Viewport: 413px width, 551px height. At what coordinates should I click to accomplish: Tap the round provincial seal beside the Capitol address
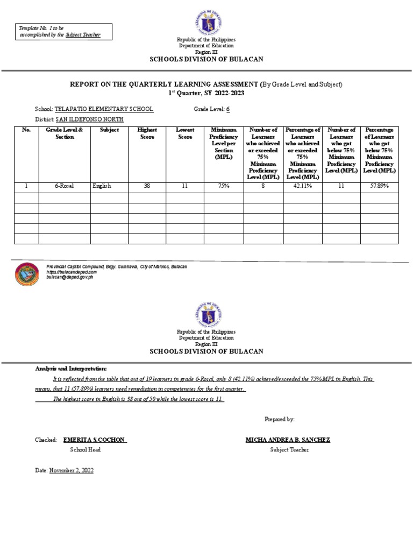point(27,274)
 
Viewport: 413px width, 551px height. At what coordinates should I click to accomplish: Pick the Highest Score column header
point(147,133)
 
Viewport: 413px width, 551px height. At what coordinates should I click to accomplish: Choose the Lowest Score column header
point(184,133)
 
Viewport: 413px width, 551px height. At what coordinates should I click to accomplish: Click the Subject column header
point(109,130)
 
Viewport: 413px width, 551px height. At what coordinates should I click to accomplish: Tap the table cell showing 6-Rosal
point(64,186)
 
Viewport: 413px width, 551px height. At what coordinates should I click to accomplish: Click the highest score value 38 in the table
point(147,186)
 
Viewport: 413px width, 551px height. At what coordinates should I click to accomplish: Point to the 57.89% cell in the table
point(379,186)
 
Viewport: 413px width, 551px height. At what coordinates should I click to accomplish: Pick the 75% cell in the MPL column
point(223,186)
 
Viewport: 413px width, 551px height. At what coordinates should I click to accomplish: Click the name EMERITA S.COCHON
point(95,440)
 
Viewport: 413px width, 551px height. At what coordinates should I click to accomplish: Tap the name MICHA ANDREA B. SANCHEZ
point(288,440)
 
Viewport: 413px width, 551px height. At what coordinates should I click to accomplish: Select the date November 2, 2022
point(72,470)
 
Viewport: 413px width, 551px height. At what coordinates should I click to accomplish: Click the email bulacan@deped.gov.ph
point(70,277)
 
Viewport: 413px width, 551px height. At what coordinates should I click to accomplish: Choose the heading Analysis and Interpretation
point(72,369)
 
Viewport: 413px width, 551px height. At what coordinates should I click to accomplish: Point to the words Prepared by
point(280,419)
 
